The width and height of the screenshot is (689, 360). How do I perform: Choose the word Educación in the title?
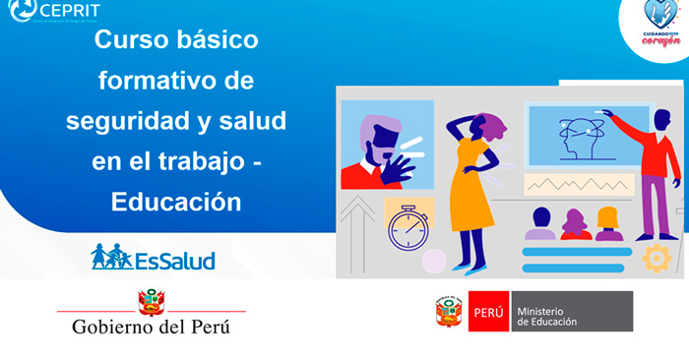click(176, 201)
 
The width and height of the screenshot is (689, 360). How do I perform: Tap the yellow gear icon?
click(655, 257)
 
